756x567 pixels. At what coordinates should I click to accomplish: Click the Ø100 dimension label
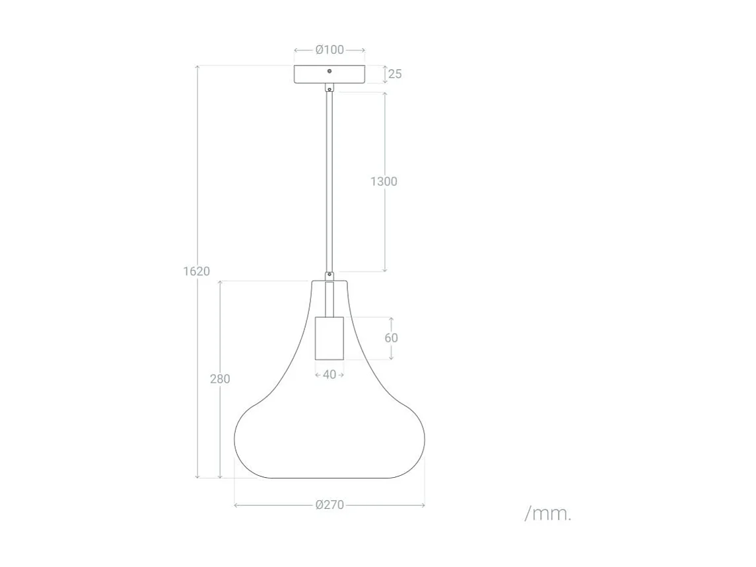pos(329,50)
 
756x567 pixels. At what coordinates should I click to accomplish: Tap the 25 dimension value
pos(395,74)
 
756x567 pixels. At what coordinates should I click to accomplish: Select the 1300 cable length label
pos(384,181)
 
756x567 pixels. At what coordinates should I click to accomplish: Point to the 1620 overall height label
pos(197,271)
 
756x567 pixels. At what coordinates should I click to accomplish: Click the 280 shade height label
pos(220,379)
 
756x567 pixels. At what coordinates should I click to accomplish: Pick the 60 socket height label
pos(391,338)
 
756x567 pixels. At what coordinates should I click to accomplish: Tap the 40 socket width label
pos(329,375)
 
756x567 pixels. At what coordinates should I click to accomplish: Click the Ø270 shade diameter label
pos(329,506)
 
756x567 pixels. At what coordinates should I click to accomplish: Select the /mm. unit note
pos(548,513)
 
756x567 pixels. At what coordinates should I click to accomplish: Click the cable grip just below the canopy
pos(329,87)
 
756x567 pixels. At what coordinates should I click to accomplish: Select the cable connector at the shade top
pos(329,276)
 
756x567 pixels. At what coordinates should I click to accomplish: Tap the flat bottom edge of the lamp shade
pos(329,478)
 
